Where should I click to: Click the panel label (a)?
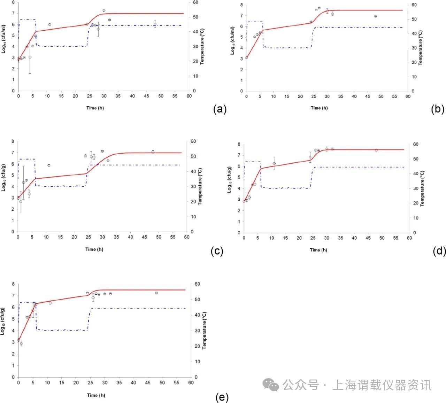coord(220,109)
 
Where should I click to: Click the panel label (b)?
coord(438,109)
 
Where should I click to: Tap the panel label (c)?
coord(217,251)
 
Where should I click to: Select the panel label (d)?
coord(439,251)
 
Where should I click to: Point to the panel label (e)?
coord(222,397)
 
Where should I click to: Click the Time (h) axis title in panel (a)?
coord(95,108)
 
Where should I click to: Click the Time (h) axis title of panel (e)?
coord(96,395)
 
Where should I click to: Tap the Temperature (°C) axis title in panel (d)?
coord(422,188)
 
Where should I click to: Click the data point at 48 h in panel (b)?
coord(376,16)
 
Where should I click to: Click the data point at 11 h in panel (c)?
coord(49,165)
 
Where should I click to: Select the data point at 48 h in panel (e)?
coord(156,293)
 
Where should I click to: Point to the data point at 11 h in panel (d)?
coord(274,163)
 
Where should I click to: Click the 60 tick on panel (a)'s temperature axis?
coord(195,2)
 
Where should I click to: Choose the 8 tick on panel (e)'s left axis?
coord(13,284)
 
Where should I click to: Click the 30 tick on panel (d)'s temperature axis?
coord(415,188)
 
